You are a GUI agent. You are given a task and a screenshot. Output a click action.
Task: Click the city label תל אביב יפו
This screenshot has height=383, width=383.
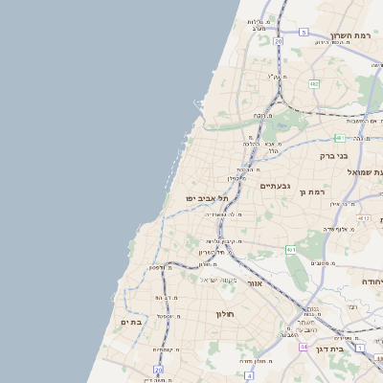point(207,197)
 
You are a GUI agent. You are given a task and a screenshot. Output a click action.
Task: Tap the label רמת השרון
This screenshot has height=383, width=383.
point(351,35)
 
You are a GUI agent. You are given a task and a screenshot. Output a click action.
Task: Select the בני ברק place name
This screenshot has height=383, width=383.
point(338,153)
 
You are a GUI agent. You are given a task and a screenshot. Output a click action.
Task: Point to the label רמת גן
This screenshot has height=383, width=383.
point(314,192)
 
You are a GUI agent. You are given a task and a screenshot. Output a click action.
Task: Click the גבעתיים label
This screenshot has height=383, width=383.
point(276,186)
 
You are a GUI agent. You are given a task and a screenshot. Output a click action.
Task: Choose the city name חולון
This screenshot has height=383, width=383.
point(226,313)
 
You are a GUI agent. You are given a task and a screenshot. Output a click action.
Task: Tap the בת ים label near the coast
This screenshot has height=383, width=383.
point(131,323)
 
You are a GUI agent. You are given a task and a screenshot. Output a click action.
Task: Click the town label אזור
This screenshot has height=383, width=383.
point(255,283)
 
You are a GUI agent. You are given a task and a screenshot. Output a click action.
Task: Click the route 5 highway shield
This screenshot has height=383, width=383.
point(304,32)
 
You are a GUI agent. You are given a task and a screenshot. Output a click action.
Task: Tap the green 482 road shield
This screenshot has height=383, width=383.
point(314,84)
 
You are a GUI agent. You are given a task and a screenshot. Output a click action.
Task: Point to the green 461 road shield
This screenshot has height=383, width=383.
point(291,249)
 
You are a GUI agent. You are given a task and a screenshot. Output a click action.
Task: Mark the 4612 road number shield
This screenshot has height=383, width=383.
point(363,218)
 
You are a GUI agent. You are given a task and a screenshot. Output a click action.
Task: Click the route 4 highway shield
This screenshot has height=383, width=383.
point(248,376)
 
